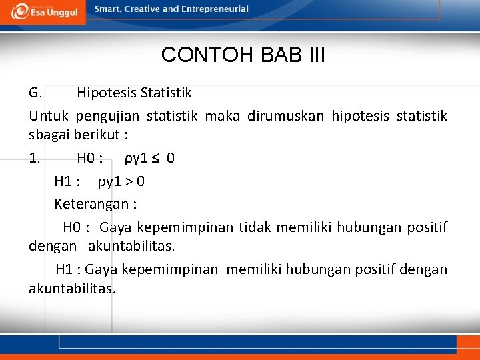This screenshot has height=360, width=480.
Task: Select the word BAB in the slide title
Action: click(275, 55)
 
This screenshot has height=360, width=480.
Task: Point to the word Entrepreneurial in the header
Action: click(215, 9)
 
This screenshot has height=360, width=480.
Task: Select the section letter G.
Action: click(36, 92)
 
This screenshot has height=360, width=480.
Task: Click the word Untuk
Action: click(49, 116)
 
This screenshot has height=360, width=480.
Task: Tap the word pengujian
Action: click(107, 116)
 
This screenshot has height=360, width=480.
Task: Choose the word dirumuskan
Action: click(285, 116)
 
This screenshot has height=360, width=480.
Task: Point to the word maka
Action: click(222, 116)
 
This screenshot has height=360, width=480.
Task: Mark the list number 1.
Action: click(35, 159)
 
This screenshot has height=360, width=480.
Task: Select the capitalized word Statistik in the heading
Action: click(165, 92)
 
